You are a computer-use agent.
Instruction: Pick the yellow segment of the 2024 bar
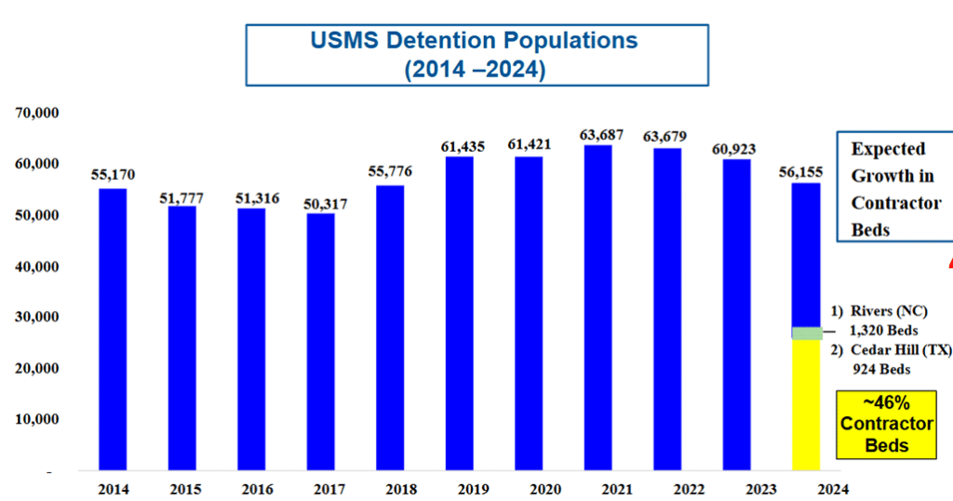[806, 404]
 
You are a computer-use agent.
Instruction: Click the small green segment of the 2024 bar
[806, 332]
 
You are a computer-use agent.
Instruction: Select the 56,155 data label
[806, 172]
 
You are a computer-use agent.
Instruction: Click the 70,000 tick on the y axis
[37, 114]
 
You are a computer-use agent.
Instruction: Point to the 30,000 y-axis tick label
[37, 318]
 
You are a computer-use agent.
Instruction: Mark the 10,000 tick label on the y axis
[37, 419]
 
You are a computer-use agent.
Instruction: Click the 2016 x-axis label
[251, 487]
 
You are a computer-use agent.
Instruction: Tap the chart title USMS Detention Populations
[475, 41]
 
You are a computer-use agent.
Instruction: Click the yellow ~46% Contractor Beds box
[886, 424]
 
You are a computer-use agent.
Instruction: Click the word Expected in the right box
[888, 149]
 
